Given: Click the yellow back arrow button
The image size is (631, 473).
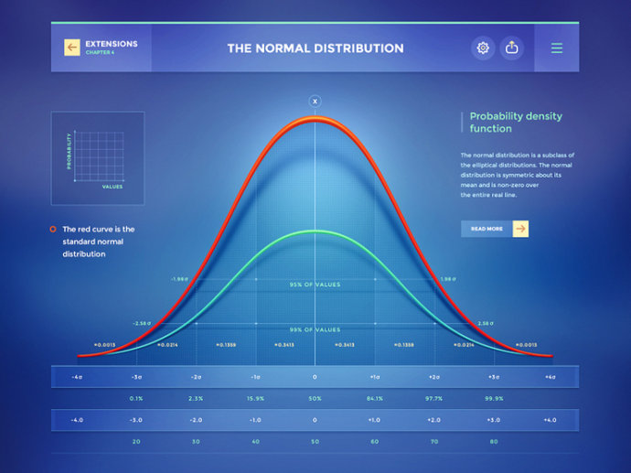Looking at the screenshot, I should coord(71,48).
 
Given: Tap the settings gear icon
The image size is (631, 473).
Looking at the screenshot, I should coord(483,48).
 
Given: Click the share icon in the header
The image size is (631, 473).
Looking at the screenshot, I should coord(512,48).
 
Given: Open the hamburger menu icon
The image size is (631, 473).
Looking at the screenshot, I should coord(557,48).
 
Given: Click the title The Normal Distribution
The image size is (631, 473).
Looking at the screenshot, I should coord(315,48).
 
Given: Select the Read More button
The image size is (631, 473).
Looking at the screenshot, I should coord(495,229).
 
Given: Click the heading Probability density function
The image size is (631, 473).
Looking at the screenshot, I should coord(516,123).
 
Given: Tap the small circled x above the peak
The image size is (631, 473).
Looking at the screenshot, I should coord(315,101).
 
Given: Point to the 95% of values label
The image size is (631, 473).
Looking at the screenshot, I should coord(315,285).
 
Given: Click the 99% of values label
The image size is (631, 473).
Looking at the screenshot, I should coord(315,329).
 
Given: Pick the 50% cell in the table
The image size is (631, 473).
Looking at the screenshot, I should coord(315,398).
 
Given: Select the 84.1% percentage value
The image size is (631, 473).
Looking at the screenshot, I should coord(374,398).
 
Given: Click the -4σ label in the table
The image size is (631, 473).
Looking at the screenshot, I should coord(78,377).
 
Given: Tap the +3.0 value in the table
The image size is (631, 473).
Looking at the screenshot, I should coord(493,420).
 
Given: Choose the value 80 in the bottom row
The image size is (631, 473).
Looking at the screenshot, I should coord(493,442).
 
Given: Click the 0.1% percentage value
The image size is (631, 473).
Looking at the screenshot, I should coord(136,398).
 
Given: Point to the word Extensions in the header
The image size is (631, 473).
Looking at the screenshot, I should coord(112,43).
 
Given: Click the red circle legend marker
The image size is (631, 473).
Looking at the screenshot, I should coord(54,229).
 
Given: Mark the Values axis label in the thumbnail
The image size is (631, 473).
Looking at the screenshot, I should coord(112,186).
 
